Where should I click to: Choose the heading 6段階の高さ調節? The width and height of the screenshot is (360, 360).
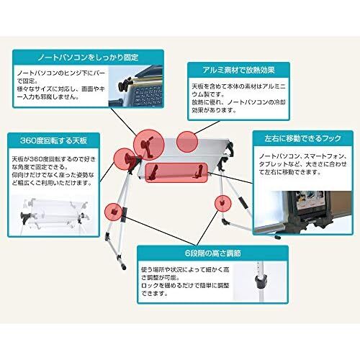click(x=212, y=253)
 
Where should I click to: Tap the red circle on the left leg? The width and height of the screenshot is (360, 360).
click(x=113, y=212)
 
